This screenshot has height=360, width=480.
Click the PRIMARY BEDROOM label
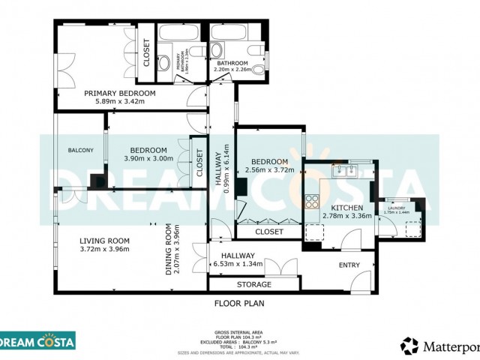(x=120, y=93)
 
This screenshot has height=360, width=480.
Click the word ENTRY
(x=349, y=265)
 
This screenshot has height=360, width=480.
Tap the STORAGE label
(x=254, y=285)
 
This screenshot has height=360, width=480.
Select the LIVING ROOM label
(x=105, y=241)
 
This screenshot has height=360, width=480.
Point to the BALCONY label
(x=81, y=151)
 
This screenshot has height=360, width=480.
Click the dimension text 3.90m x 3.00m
(x=148, y=158)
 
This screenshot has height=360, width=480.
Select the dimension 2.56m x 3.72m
(x=269, y=170)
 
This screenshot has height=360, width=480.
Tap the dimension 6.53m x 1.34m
(x=238, y=263)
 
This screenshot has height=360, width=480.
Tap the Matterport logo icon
(x=409, y=346)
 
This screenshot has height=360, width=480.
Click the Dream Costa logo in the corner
(x=37, y=341)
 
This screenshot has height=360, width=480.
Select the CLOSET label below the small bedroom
(x=269, y=232)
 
